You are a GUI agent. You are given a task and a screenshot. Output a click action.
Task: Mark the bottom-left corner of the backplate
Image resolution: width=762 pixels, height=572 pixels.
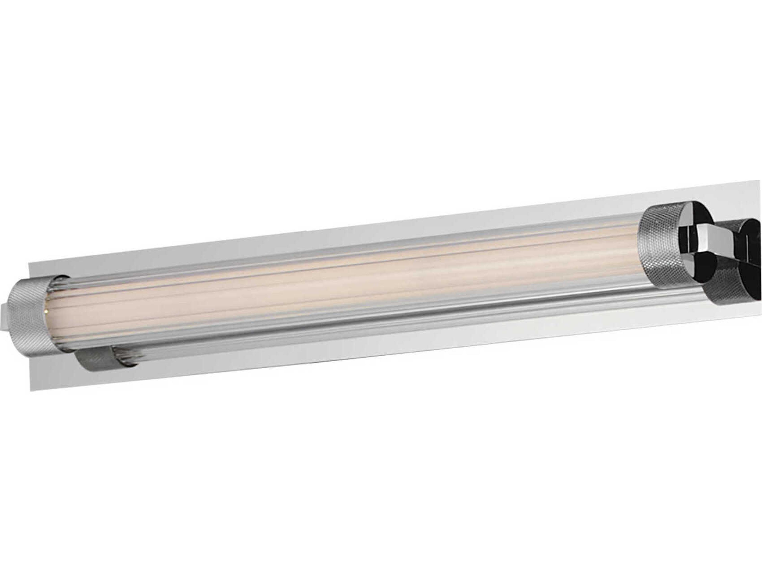[31, 391]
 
